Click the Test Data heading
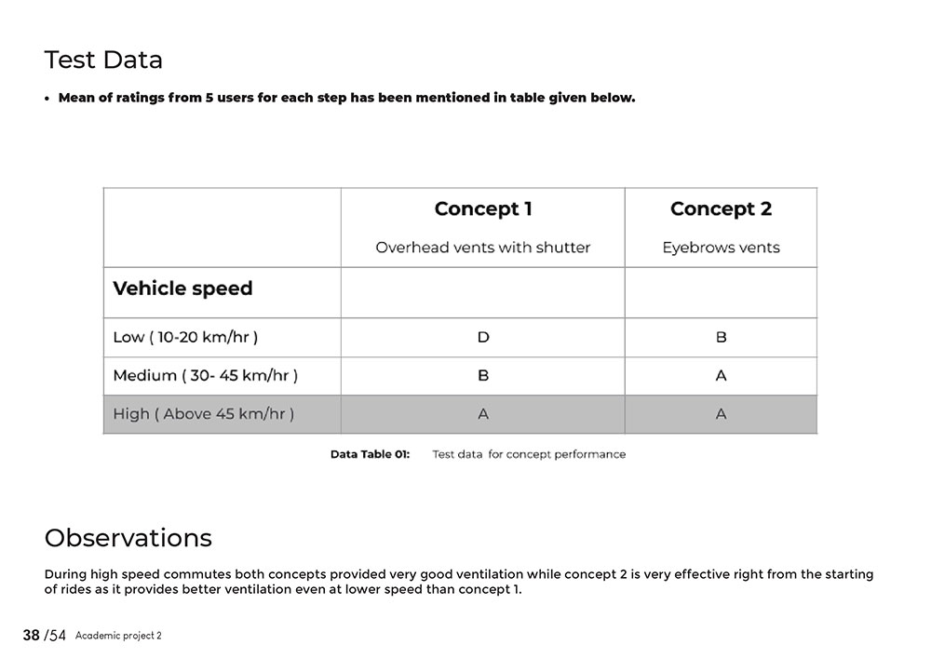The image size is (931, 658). coord(103,60)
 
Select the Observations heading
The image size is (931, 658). coord(128,538)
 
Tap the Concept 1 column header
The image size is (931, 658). coord(483,209)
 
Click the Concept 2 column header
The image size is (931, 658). coord(721,209)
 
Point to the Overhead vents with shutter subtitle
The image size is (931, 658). coord(483,248)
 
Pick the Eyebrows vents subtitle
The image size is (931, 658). coord(721,248)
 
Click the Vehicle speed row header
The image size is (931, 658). coord(182,289)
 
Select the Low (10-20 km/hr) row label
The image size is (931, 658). coord(185,337)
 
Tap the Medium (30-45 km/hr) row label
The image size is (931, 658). coord(205,376)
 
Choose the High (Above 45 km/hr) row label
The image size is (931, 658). coord(203,414)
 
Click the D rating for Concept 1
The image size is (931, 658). coord(483,337)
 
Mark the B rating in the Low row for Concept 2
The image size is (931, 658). coord(721,337)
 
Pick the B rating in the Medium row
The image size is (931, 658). coord(483,376)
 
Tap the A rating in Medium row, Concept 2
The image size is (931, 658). coord(721,376)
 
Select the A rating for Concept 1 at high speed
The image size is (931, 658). coord(483,414)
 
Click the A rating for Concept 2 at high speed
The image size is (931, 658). coord(721,414)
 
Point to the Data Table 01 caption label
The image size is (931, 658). coord(370,454)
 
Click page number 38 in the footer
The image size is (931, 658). coord(32,636)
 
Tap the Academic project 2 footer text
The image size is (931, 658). coord(118,636)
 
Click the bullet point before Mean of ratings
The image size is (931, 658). coord(47,99)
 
